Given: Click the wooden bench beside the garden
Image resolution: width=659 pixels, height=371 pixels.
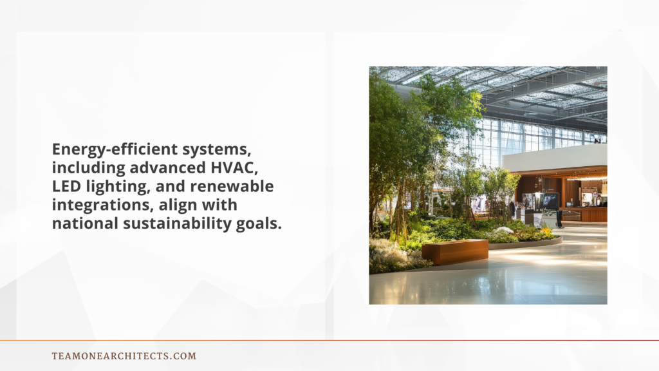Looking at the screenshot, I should (x=454, y=251).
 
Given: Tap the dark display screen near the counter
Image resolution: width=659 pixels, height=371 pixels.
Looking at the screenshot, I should (x=551, y=202).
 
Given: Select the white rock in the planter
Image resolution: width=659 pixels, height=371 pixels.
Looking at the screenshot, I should (x=506, y=230).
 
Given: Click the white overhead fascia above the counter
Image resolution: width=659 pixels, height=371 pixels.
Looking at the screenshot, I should (x=555, y=158).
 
